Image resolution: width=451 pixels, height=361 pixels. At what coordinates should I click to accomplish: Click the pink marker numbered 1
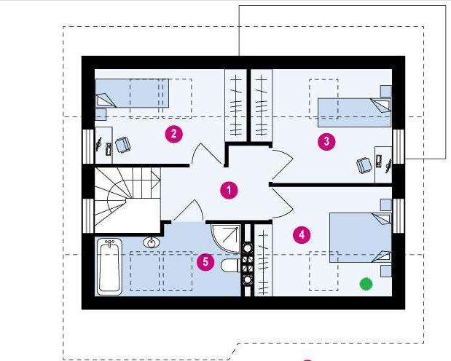coord(229,190)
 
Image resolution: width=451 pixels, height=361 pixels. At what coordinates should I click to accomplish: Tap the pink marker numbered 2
coord(173,134)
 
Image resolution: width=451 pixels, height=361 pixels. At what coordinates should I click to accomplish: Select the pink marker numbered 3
coord(326,141)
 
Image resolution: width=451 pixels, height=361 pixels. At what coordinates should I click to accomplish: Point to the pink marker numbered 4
coord(302,235)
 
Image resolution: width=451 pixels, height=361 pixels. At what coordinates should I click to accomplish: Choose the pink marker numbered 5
coord(205,262)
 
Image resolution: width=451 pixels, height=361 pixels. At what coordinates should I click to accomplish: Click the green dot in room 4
coord(366,284)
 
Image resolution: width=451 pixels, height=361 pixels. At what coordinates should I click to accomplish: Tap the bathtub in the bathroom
coord(109,267)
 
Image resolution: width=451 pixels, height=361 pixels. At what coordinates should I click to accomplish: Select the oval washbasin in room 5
coord(151,242)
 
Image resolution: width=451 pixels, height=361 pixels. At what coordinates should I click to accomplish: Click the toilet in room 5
coord(231,265)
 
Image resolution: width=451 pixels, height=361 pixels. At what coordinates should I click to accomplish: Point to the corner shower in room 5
coord(226,239)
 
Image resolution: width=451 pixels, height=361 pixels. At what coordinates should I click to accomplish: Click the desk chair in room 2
coord(123,144)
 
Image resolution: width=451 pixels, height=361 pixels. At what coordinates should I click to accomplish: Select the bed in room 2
coord(132,93)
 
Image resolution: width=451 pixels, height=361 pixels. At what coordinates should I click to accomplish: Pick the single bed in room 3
coord(355,113)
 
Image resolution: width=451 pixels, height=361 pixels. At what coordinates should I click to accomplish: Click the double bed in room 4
coord(361,237)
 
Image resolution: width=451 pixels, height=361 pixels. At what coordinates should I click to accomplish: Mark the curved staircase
coord(128,200)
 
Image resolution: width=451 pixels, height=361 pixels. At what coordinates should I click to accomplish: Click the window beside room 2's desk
coord(88,146)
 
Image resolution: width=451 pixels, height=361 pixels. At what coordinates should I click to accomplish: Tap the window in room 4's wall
coord(399,215)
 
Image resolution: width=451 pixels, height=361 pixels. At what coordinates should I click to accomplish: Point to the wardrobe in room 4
coord(263,260)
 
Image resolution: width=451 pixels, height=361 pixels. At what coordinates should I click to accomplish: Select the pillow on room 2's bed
coord(105,100)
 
